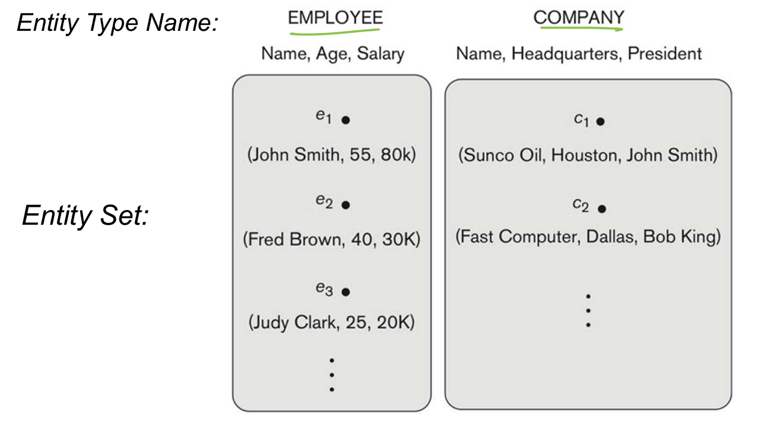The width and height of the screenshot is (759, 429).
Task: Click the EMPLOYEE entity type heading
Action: click(x=335, y=18)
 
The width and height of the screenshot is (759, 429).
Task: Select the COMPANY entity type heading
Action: click(x=578, y=18)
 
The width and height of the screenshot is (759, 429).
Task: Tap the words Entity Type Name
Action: click(x=118, y=23)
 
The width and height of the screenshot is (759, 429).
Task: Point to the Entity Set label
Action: click(x=85, y=215)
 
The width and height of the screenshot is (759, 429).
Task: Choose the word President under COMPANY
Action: click(x=665, y=54)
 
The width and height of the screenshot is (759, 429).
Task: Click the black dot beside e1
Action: click(x=346, y=120)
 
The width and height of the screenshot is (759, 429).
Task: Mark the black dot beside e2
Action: click(x=346, y=205)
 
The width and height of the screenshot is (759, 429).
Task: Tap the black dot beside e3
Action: click(x=346, y=292)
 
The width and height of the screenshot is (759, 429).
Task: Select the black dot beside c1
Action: click(x=601, y=121)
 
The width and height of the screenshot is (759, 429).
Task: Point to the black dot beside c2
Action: click(x=602, y=209)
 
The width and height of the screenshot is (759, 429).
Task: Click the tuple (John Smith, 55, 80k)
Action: click(x=331, y=155)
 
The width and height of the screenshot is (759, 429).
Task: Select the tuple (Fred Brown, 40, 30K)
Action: click(x=331, y=240)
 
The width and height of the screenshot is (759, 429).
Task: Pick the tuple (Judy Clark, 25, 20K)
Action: click(x=331, y=323)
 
